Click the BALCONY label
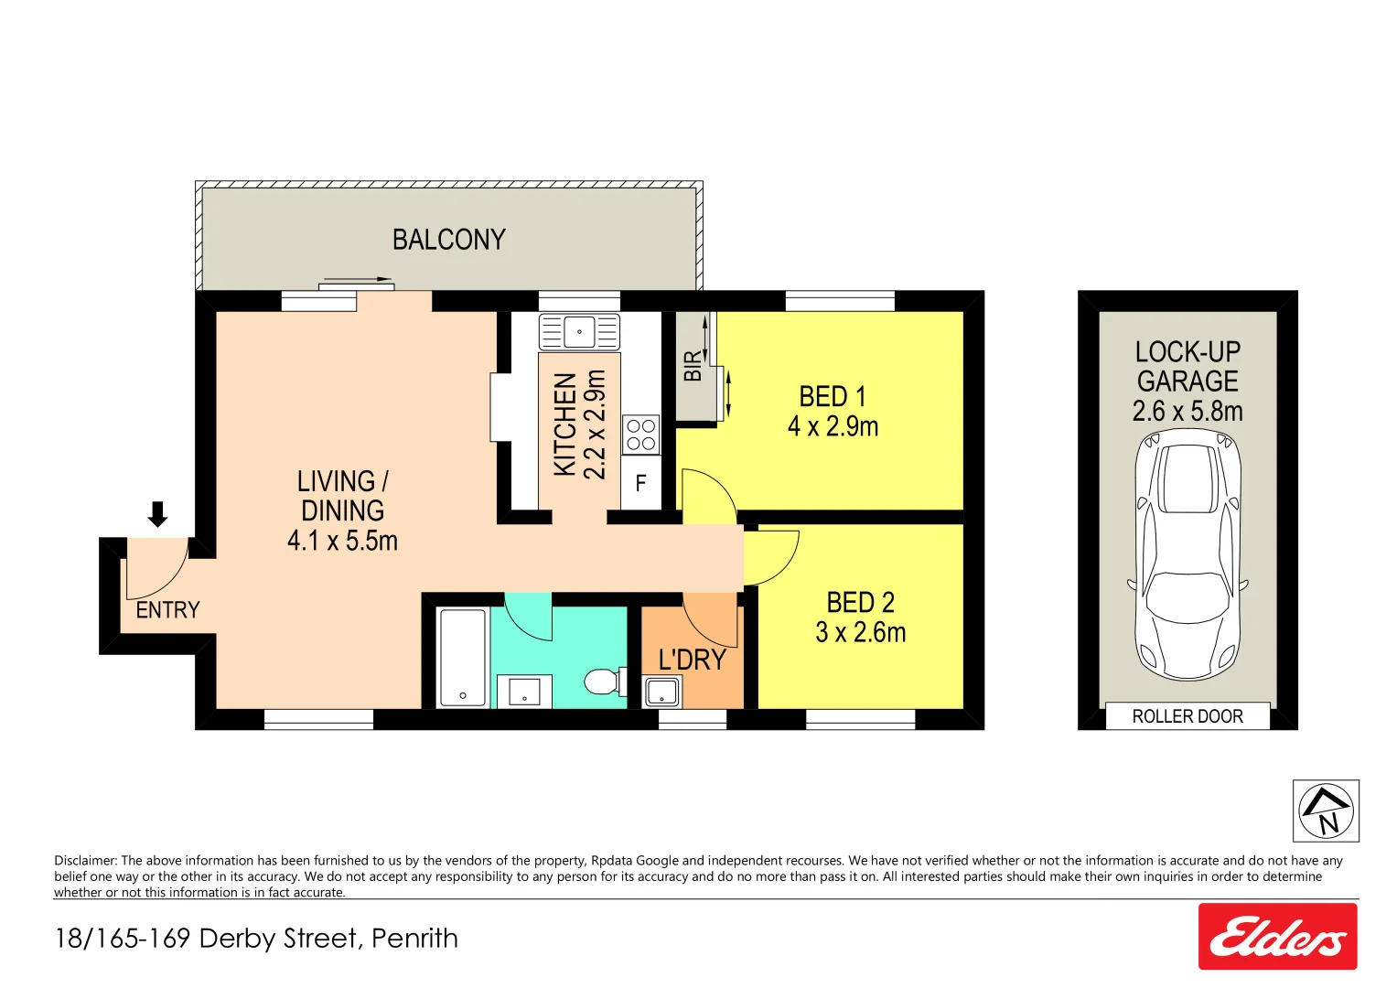click(448, 240)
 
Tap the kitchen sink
click(579, 331)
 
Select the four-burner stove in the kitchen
click(640, 435)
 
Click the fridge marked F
click(640, 483)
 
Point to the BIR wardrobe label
click(693, 366)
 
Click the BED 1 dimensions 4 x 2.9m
click(833, 427)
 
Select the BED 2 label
click(860, 603)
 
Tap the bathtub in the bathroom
click(463, 657)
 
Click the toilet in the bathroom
click(603, 682)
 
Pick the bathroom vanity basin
click(524, 691)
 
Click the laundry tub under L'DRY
click(661, 692)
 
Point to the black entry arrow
click(157, 514)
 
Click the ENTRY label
click(167, 610)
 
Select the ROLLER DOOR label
click(1187, 716)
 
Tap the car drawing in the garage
click(1187, 555)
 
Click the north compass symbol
click(1326, 811)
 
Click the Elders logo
click(1277, 937)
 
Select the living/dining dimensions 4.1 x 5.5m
click(342, 542)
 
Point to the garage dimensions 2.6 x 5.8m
click(1187, 412)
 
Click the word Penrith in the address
click(414, 939)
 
